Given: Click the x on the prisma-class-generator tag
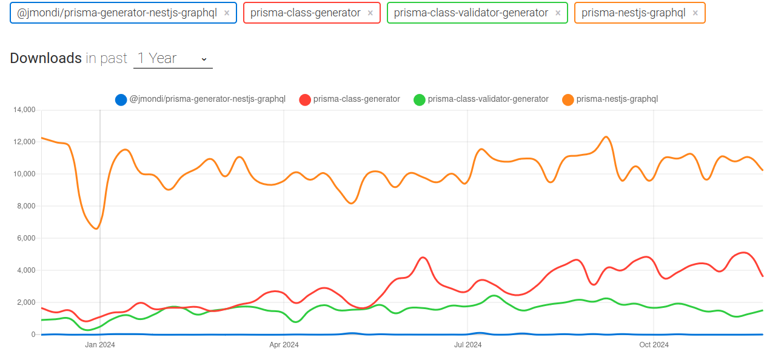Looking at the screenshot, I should tap(370, 13).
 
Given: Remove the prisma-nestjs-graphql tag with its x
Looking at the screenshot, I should tap(695, 13).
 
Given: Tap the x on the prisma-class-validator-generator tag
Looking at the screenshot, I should tap(558, 13).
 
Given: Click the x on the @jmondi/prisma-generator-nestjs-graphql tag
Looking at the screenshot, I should tap(227, 13).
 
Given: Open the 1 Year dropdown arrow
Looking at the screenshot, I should tap(204, 59).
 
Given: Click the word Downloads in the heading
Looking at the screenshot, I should tap(45, 58).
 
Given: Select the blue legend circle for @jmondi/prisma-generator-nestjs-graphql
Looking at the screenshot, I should tap(121, 99).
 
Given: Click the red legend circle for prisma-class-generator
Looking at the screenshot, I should tap(305, 99).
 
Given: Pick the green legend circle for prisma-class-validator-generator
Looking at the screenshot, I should tap(420, 99).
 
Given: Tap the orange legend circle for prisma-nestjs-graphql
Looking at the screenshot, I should tap(568, 99).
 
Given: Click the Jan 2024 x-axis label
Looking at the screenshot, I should tap(100, 345).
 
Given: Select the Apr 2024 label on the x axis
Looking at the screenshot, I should tap(284, 345).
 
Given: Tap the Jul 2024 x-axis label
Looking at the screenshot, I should tap(467, 345).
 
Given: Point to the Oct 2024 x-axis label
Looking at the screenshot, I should tap(654, 345).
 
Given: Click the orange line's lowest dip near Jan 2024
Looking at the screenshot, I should tap(96, 228).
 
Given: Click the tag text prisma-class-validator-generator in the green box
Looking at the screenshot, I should tap(471, 13).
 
